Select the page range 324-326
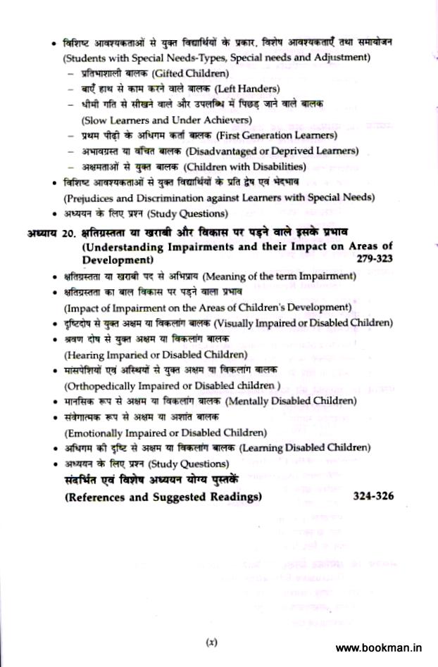point(373,496)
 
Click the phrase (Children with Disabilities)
point(244,167)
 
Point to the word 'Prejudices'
point(90,198)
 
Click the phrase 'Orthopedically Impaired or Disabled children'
point(172,386)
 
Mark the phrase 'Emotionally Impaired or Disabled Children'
point(166,432)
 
